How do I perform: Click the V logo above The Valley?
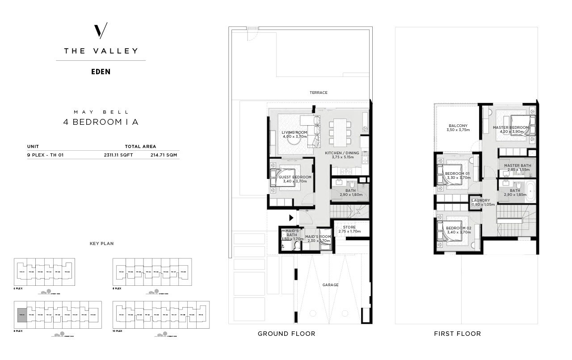tap(101, 30)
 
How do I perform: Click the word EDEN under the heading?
tap(101, 72)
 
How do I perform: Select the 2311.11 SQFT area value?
tap(118, 155)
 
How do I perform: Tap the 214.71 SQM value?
tap(165, 155)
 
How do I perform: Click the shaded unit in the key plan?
tap(22, 315)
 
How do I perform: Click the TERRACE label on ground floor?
tap(319, 93)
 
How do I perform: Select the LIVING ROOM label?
tap(294, 133)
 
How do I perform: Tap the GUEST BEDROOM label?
tap(295, 177)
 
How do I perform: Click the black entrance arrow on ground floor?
tap(291, 218)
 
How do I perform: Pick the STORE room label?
tap(349, 227)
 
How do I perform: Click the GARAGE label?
tap(330, 285)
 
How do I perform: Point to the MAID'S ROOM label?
tap(318, 237)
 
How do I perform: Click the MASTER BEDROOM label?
tap(511, 127)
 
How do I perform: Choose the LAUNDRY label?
tap(480, 200)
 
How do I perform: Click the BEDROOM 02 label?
tap(458, 229)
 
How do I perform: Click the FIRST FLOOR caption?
tap(457, 334)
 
